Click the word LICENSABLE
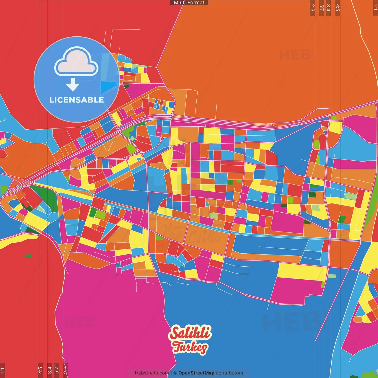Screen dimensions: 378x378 pos(76,100)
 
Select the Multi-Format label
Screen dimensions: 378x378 pos(189,3)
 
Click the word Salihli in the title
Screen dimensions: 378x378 pos(190,333)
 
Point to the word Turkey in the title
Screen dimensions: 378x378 pos(190,347)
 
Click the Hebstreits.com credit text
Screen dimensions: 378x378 pos(152,373)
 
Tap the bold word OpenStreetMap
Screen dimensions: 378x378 pos(196,373)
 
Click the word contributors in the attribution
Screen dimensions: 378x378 pos(229,373)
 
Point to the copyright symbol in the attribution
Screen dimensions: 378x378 pos(175,373)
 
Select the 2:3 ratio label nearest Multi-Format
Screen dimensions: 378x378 pos(312,8)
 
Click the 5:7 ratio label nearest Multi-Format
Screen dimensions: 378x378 pos(322,8)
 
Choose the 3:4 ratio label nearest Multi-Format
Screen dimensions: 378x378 pos(328,8)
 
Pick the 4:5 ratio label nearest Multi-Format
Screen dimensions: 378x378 pos(338,8)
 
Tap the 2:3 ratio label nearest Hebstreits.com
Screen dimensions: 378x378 pos(66,370)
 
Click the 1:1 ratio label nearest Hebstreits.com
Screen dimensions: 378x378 pos(2,370)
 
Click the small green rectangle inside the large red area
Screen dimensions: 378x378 pos(28,256)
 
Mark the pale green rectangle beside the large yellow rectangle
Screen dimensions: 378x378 pos(332,276)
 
